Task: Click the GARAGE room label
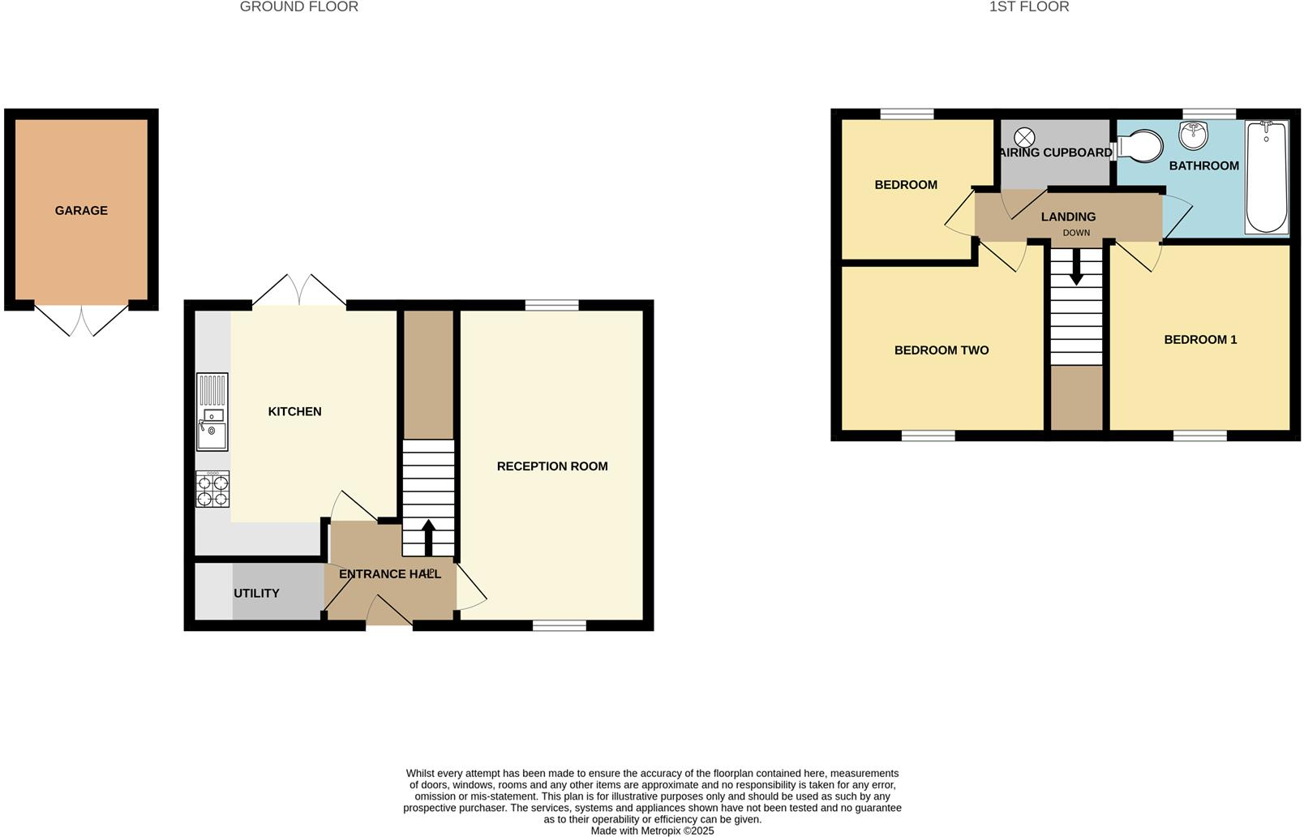click(81, 211)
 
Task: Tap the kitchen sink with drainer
click(212, 412)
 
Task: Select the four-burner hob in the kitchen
click(212, 489)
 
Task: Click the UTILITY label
click(256, 594)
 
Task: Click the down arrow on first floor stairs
click(1076, 267)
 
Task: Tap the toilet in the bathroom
click(1139, 148)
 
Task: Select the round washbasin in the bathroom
click(1193, 135)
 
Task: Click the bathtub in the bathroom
click(1266, 177)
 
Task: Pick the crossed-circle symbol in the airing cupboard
click(1025, 137)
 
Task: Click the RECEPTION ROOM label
click(552, 466)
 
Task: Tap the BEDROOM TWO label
click(942, 350)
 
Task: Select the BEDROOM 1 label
click(1200, 340)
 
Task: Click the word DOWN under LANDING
click(1076, 233)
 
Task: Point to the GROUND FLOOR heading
click(298, 7)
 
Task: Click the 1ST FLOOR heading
click(1028, 7)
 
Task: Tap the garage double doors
click(81, 320)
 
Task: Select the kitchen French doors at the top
click(299, 291)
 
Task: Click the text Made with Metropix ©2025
click(652, 831)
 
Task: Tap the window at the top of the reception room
click(551, 305)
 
